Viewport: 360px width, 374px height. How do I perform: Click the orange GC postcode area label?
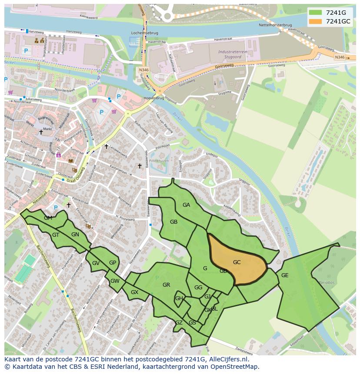[237, 262]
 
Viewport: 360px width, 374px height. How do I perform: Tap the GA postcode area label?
[186, 205]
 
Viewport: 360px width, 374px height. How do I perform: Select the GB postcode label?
[173, 222]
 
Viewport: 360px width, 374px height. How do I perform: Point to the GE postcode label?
[285, 275]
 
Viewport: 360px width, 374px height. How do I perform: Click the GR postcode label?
[166, 285]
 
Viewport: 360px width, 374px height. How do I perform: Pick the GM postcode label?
[48, 218]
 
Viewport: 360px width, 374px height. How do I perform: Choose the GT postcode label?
[56, 235]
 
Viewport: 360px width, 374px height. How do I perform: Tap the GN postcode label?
[75, 235]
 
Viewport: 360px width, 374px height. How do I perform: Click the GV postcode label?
[96, 263]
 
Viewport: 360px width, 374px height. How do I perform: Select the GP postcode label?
[113, 263]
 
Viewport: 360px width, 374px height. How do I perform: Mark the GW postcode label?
[115, 281]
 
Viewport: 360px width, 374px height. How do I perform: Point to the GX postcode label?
[134, 292]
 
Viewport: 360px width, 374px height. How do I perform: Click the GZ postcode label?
[179, 323]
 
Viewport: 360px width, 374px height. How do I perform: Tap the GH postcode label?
[179, 298]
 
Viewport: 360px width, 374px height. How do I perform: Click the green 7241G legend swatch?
[315, 13]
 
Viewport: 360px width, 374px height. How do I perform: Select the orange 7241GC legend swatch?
[315, 21]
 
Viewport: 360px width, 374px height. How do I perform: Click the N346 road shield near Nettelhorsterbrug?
[340, 57]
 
